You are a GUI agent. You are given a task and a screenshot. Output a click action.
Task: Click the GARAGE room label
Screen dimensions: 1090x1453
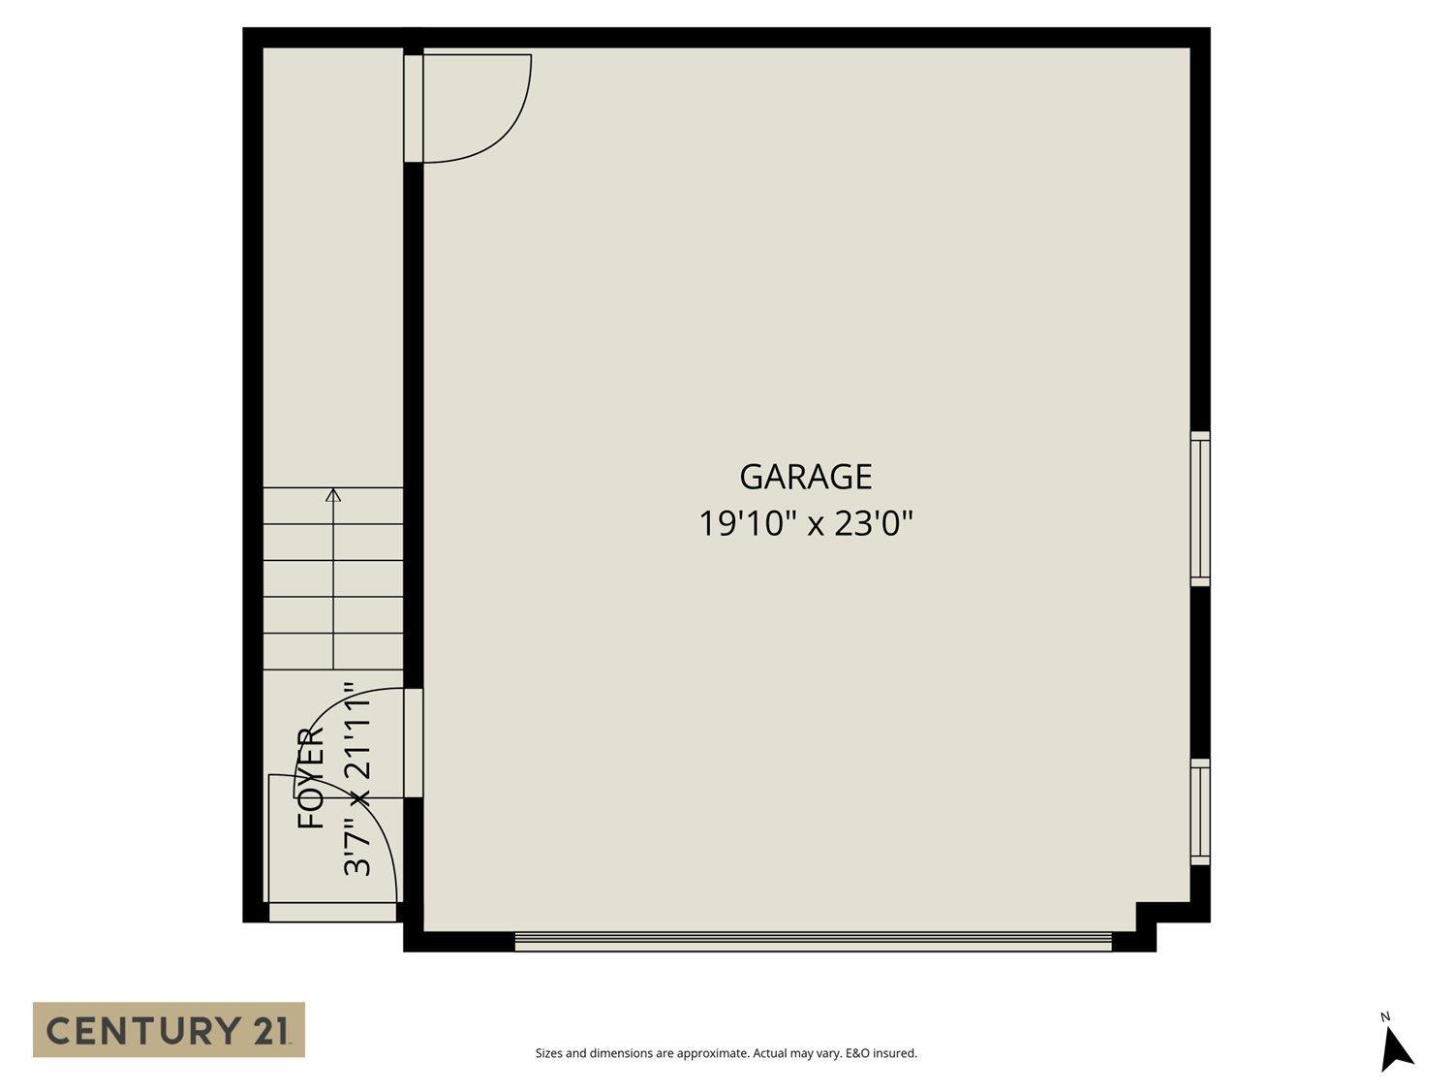coord(805,477)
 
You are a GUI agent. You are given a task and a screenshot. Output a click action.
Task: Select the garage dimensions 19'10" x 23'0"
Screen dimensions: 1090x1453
coord(806,524)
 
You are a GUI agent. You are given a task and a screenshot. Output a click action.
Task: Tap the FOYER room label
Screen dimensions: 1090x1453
coord(311,778)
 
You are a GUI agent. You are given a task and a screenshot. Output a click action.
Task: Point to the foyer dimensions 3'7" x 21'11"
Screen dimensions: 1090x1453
coord(358,778)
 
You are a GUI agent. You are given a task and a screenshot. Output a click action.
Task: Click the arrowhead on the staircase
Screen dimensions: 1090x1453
coord(333,496)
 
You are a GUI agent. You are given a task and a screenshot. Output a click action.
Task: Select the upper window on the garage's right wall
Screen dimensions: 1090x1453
coord(1200,509)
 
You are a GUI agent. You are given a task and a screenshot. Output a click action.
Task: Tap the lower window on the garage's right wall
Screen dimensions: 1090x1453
coord(1200,812)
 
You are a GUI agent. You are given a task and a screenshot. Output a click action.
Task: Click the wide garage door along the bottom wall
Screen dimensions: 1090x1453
coord(813,941)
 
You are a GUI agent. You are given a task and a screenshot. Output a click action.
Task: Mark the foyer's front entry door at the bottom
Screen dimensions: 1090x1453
coord(332,912)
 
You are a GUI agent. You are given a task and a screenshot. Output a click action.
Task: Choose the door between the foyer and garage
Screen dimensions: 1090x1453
coord(413,743)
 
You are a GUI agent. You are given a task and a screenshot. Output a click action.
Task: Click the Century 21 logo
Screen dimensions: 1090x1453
coord(169,1029)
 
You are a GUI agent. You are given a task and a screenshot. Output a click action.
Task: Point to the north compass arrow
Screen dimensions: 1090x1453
coord(1396,1049)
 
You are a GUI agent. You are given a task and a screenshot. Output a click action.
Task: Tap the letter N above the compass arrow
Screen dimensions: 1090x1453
coord(1385,1016)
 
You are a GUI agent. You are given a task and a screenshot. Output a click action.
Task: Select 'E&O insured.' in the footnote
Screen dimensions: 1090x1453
coord(881,1053)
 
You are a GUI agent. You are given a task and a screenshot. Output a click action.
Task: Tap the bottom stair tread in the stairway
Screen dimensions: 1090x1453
coord(333,652)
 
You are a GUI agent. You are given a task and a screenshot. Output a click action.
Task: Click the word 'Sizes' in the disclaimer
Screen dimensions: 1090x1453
coord(548,1053)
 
